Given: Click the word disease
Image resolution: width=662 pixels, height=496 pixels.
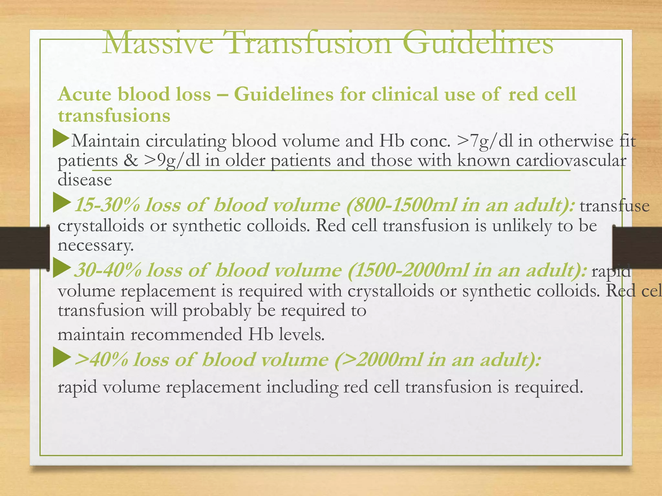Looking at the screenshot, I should [85, 180].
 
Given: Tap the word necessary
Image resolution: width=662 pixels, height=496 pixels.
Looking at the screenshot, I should [95, 245].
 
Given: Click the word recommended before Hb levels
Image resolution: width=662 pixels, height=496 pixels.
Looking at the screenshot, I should [186, 335].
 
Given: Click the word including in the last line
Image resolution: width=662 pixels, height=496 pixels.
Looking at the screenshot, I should [302, 387].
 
